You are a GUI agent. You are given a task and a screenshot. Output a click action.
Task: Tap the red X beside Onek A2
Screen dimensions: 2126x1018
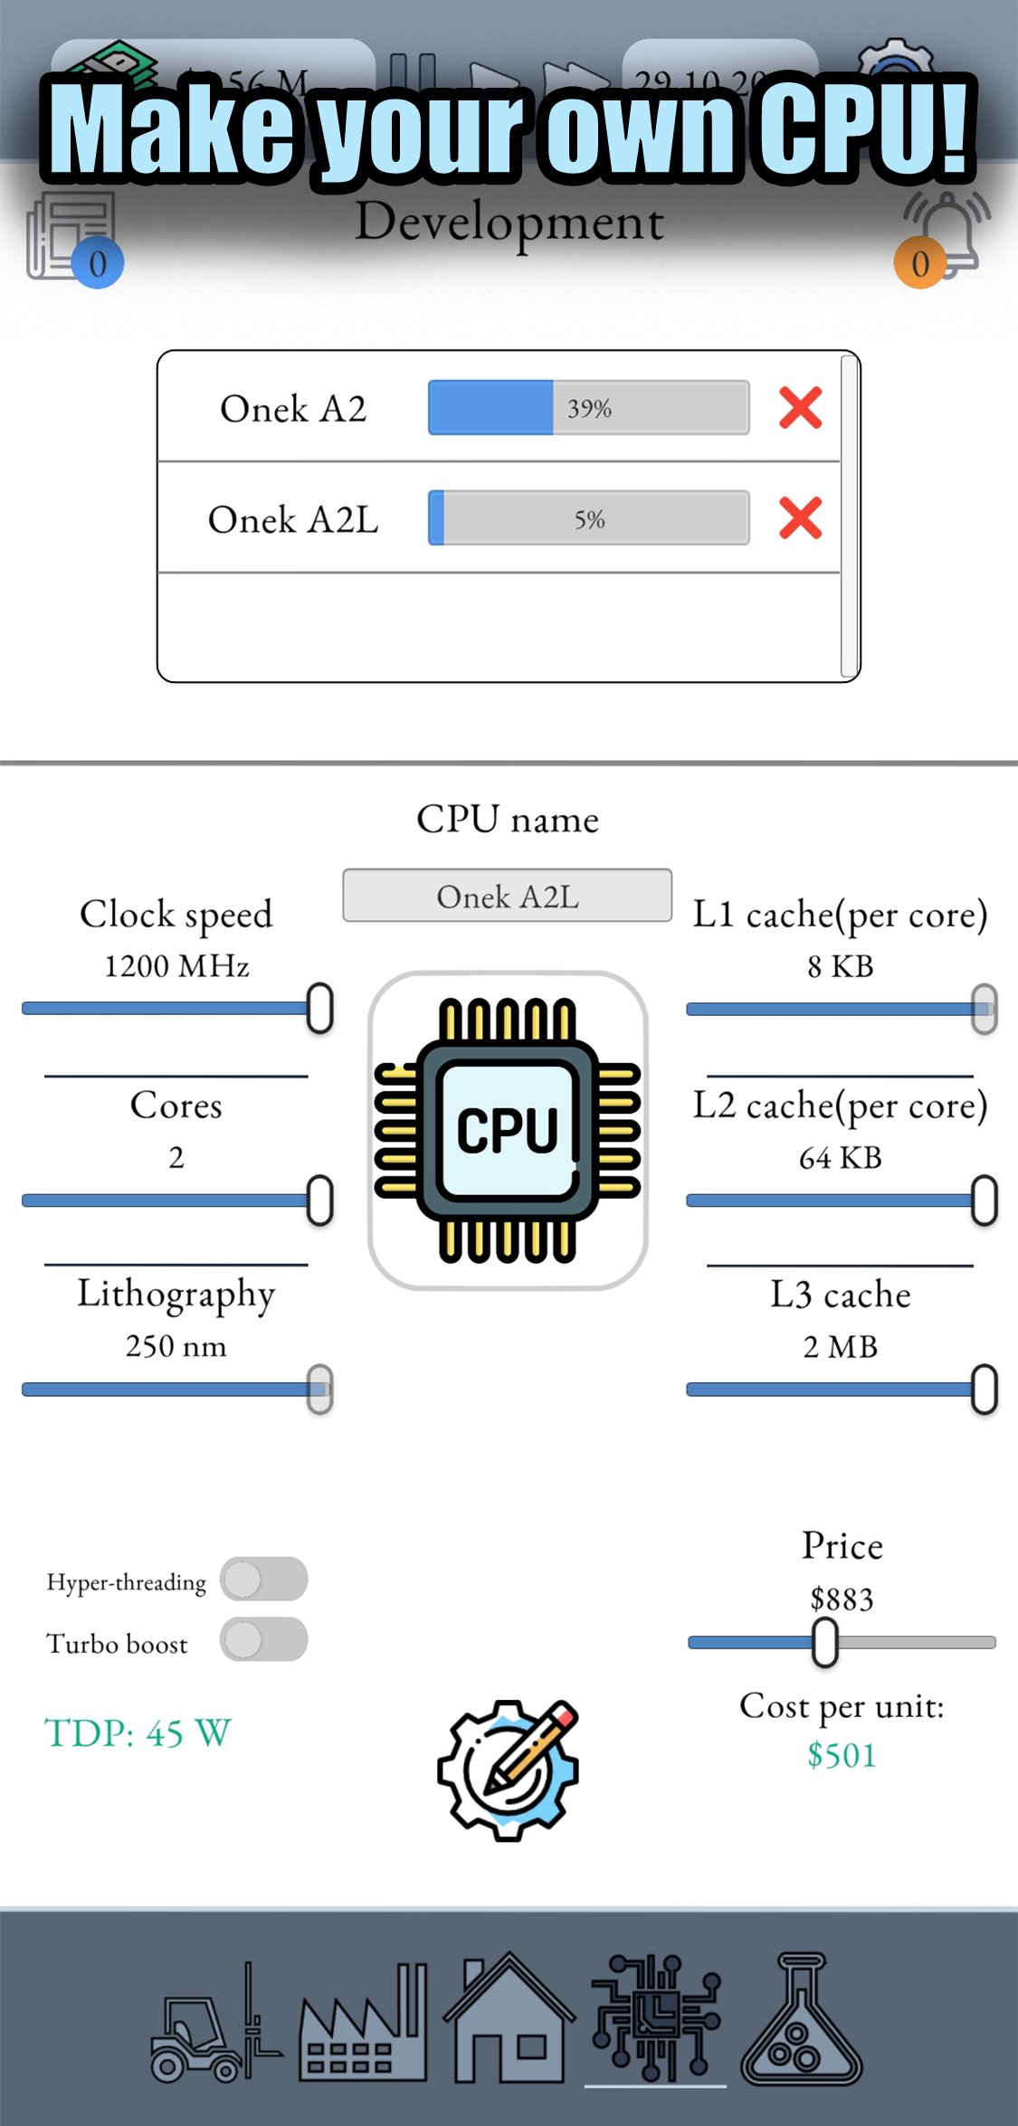(x=800, y=408)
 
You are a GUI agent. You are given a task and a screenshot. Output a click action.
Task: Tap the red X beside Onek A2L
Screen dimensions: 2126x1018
(x=800, y=518)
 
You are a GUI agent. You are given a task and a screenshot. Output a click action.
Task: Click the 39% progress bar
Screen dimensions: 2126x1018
(x=588, y=408)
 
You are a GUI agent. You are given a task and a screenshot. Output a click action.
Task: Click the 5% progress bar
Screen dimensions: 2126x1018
(x=588, y=518)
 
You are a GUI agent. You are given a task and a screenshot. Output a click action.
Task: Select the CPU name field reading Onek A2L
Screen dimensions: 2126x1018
(x=507, y=896)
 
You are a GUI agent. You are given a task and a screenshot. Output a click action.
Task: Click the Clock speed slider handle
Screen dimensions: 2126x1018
(x=319, y=1008)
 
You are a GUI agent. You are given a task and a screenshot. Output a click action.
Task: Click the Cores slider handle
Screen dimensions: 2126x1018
(x=319, y=1201)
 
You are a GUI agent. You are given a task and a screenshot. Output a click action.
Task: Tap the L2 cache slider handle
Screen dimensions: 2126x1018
(x=984, y=1201)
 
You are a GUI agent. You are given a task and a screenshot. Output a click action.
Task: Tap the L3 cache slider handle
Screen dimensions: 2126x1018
(x=984, y=1389)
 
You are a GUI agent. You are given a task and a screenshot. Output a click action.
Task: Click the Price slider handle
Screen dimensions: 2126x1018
(x=824, y=1642)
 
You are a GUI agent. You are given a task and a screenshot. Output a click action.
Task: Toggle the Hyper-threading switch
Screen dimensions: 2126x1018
(x=263, y=1580)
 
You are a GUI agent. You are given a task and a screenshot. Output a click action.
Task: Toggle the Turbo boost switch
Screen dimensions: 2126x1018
(x=263, y=1639)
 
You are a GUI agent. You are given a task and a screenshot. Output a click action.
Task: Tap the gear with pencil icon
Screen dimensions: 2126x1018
(x=508, y=1770)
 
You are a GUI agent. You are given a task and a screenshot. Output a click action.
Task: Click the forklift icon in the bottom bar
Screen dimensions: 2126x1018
(x=214, y=2022)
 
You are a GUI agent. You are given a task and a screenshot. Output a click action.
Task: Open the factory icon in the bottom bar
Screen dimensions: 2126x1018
(x=363, y=2022)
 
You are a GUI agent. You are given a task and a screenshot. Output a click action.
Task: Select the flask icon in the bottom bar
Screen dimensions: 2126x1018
(x=801, y=2022)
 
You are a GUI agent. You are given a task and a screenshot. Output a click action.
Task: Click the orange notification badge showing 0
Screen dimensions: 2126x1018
(x=920, y=263)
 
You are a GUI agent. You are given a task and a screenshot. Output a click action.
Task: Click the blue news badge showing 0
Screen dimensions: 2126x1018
(x=98, y=263)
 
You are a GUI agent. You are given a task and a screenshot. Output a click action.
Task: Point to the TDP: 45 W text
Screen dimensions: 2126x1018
(x=138, y=1733)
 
